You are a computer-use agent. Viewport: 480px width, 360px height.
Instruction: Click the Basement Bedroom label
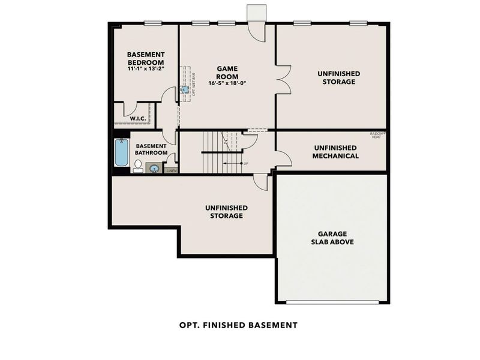145,58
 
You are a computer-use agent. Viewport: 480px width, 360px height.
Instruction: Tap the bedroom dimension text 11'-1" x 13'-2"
145,69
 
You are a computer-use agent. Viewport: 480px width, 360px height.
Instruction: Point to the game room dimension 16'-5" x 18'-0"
227,83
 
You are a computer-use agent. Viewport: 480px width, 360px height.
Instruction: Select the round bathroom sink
154,169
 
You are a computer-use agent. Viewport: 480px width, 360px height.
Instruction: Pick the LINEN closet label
172,171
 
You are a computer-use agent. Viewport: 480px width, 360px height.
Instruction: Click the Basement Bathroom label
151,149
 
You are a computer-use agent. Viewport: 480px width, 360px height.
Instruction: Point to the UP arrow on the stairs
233,163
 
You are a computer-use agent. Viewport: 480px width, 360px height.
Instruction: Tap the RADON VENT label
377,135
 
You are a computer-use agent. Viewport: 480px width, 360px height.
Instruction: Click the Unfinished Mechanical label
335,152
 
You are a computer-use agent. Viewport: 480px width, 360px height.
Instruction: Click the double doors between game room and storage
283,80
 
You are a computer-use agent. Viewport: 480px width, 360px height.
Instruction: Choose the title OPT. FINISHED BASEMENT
238,325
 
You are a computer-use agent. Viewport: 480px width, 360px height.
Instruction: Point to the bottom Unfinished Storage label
226,211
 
